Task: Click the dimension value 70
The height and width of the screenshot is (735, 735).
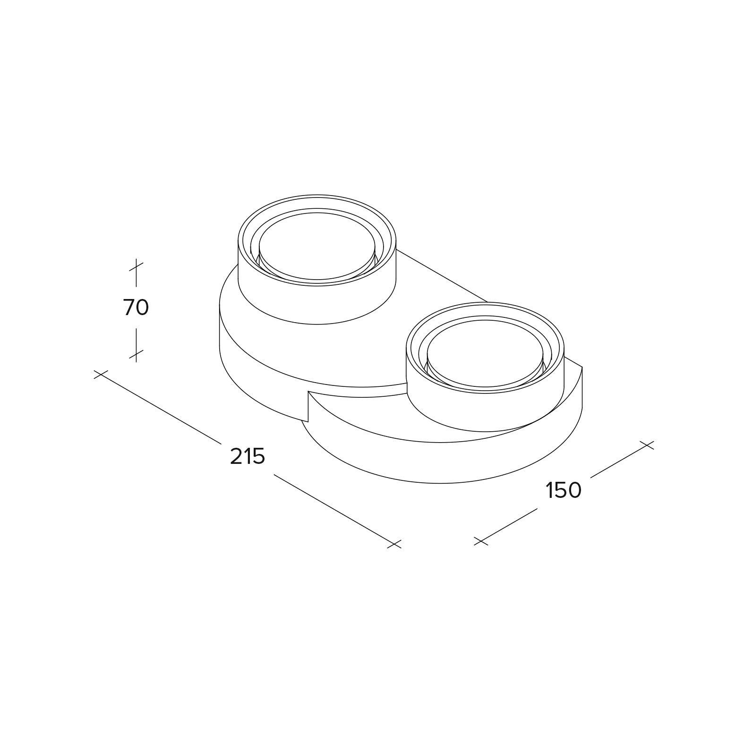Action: [136, 308]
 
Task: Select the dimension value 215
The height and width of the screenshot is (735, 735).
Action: [248, 456]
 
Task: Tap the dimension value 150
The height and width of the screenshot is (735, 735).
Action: [564, 490]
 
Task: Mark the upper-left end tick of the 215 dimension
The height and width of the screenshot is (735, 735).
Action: [101, 374]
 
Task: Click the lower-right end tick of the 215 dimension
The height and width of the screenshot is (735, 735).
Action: [394, 544]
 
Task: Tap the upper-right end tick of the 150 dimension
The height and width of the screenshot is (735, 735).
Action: [647, 445]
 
